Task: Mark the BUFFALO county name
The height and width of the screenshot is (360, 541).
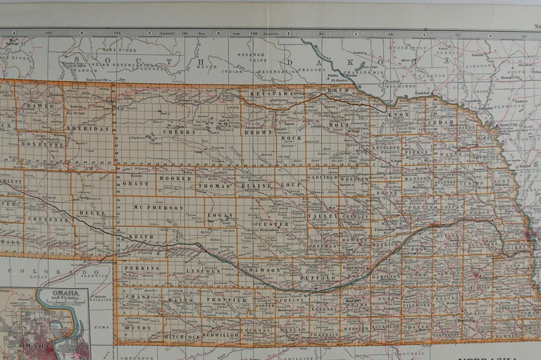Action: click(325, 278)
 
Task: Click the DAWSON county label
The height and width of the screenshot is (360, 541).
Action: click(264, 270)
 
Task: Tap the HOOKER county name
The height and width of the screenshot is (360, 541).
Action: click(175, 179)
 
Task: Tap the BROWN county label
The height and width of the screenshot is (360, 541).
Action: click(258, 132)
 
